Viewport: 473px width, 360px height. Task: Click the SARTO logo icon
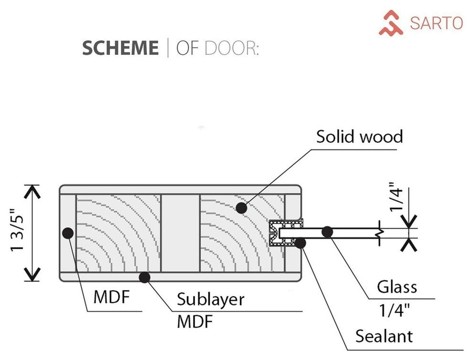[391, 23]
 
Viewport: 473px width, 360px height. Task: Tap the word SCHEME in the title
[120, 48]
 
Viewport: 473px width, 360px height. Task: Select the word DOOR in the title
[231, 48]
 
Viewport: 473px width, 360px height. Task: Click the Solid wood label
[359, 137]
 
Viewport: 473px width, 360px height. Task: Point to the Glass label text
[397, 287]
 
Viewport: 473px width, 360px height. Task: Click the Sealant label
[384, 336]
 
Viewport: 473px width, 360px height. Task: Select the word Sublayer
[210, 299]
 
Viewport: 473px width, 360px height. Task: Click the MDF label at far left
[112, 297]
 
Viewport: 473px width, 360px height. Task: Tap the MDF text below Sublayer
[194, 322]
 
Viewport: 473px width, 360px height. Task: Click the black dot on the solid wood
[242, 208]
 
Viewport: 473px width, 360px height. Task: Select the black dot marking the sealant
[300, 243]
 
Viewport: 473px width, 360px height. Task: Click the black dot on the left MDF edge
[67, 233]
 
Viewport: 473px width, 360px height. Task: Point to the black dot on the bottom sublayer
[144, 276]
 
